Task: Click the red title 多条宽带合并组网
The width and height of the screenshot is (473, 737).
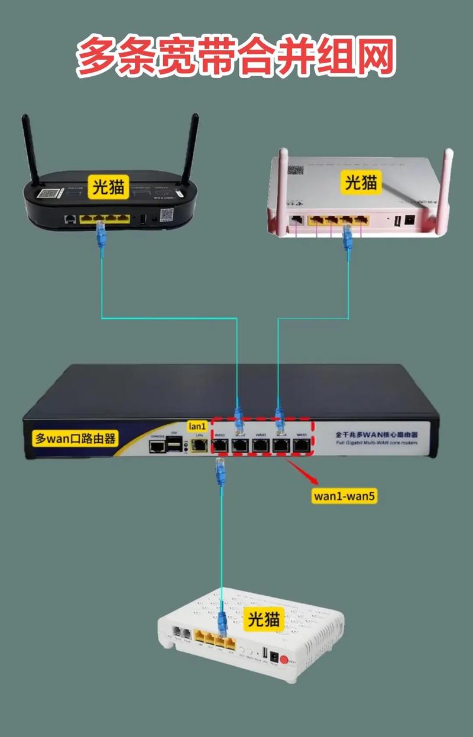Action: click(236, 57)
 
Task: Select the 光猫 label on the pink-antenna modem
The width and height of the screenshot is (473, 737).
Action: click(361, 182)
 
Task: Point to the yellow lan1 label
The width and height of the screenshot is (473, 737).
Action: click(197, 426)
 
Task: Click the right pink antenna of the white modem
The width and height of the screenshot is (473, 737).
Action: click(444, 189)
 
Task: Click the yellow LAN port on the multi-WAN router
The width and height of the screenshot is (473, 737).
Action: click(200, 445)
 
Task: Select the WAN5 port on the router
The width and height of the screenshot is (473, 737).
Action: click(302, 444)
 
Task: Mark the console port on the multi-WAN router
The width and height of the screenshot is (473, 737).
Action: click(157, 447)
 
